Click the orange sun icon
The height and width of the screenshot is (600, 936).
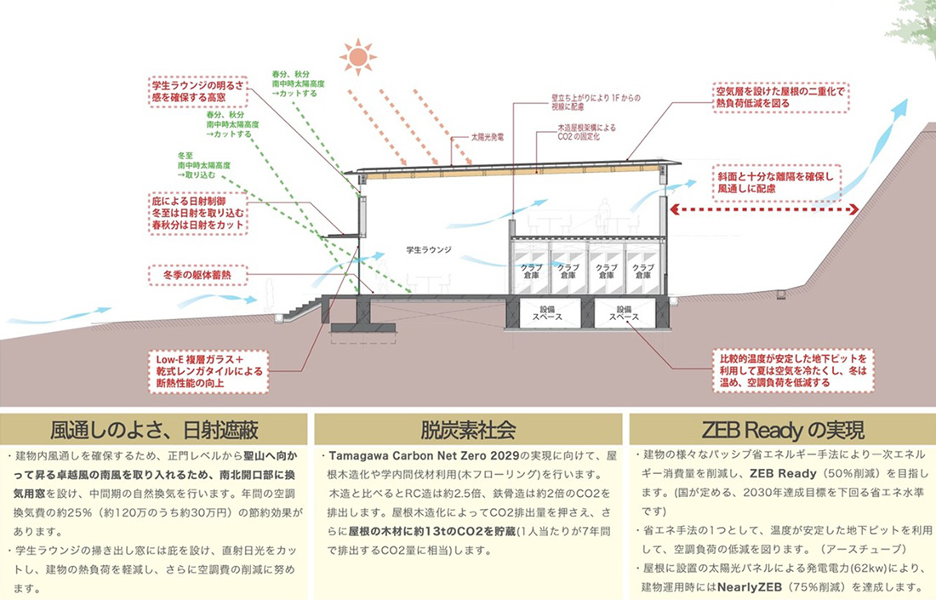click(358, 55)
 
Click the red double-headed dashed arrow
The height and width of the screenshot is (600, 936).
click(748, 209)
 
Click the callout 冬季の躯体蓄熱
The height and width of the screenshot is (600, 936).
click(197, 275)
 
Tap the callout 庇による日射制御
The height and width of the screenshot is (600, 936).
click(199, 213)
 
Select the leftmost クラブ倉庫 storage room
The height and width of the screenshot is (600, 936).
click(531, 271)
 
